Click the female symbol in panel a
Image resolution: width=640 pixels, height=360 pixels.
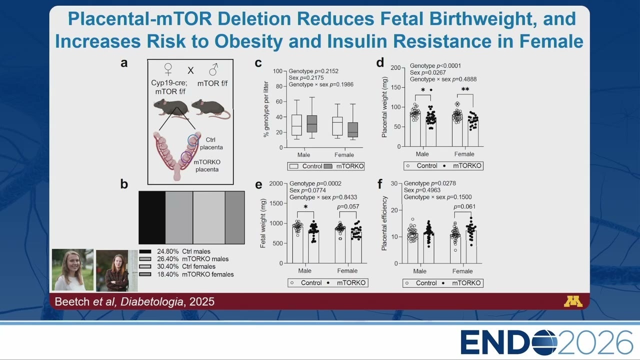tap(168, 69)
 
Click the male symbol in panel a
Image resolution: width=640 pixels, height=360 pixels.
tap(213, 69)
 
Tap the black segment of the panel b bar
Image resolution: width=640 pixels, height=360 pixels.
tap(152, 217)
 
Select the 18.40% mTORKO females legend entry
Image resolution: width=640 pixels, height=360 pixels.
tap(186, 274)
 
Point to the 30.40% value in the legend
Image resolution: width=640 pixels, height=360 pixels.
tap(167, 266)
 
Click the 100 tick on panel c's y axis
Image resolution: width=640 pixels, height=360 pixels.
tap(277, 71)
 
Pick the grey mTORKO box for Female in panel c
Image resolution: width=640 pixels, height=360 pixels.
tap(353, 129)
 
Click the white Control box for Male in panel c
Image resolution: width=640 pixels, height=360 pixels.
tap(296, 125)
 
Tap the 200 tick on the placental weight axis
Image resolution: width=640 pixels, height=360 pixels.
tap(395, 67)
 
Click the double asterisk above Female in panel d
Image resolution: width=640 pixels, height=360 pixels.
tap(465, 89)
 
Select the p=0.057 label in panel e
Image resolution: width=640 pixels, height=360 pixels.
tap(347, 206)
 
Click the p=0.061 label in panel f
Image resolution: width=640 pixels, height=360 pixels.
tap(464, 206)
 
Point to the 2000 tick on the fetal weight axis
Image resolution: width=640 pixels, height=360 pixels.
tap(276, 183)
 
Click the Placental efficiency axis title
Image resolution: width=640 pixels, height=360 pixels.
tap(384, 223)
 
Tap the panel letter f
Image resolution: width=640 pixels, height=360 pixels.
tap(379, 183)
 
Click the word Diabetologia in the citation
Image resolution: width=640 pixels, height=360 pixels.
tap(151, 301)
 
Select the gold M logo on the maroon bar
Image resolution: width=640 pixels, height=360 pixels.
tap(573, 301)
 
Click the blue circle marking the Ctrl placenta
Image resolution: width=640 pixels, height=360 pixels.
tap(193, 140)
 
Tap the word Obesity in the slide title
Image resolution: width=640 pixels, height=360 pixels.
tap(248, 41)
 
